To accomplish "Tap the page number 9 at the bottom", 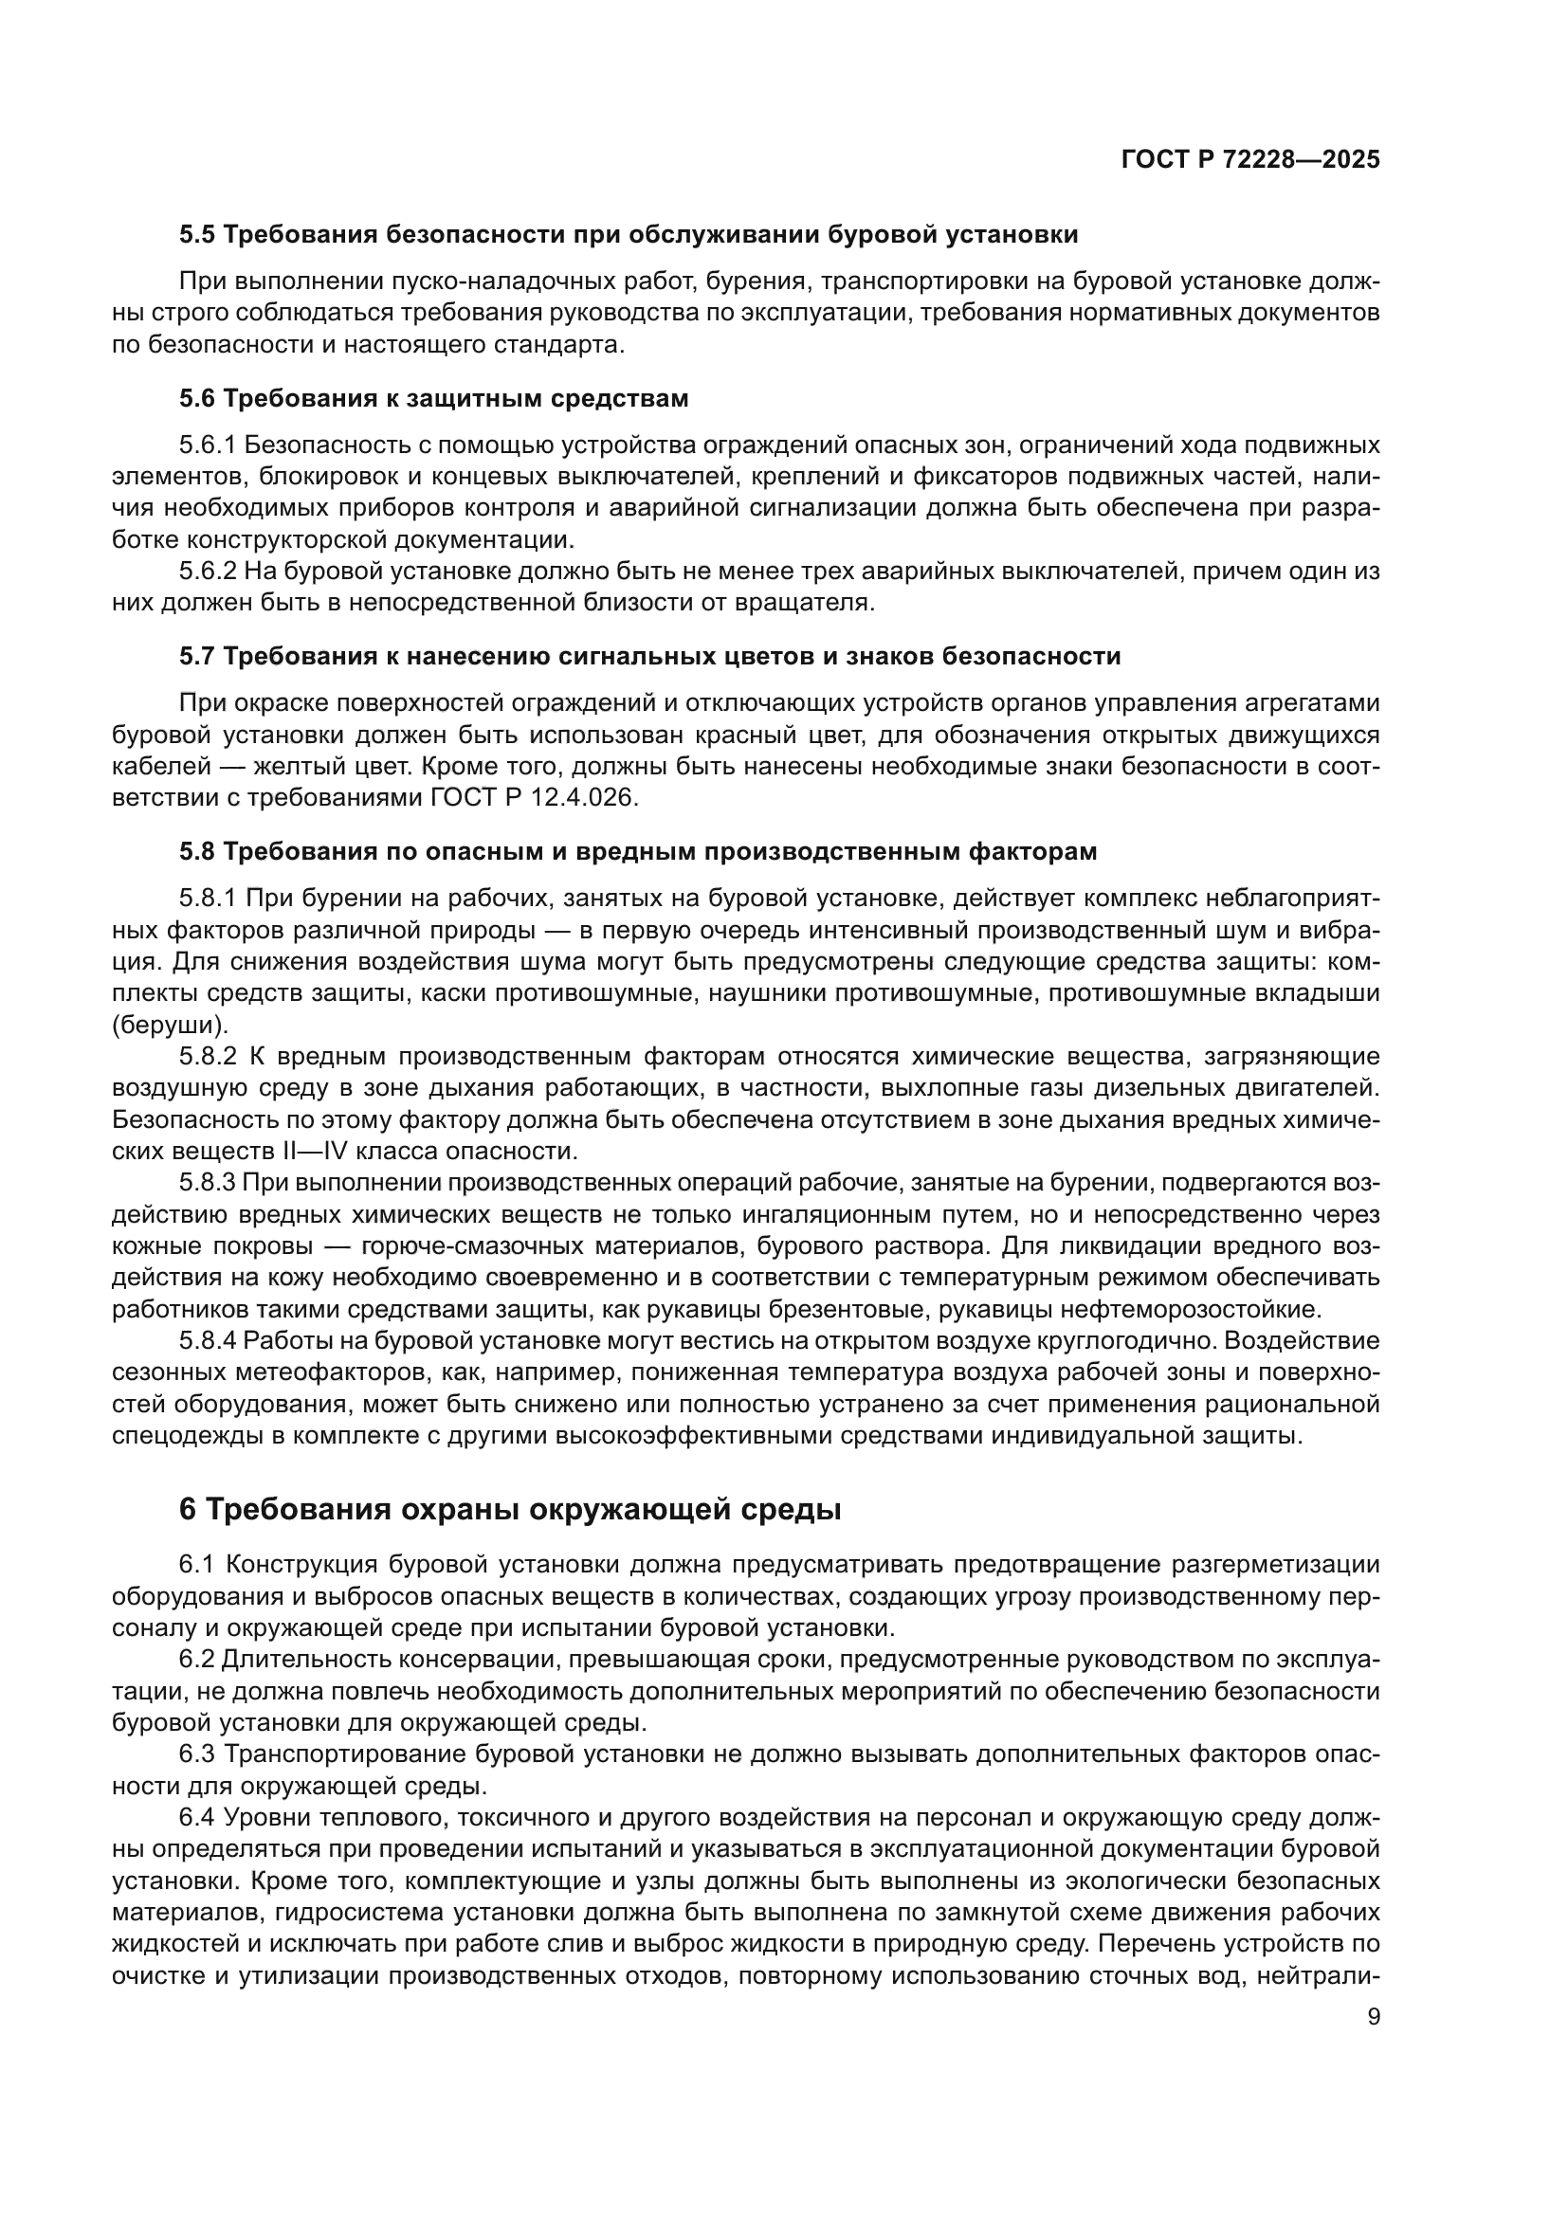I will pos(1374,2017).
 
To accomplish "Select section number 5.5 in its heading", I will pos(198,235).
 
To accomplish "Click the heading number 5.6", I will pos(198,399).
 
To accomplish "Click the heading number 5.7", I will pos(198,657).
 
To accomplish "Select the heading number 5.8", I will pos(198,852).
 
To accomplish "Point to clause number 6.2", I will pos(197,1659).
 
